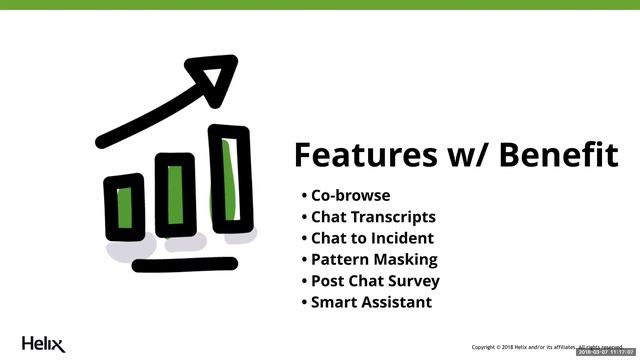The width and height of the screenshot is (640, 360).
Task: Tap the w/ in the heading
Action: [x=460, y=155]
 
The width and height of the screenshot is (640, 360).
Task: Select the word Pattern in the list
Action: [x=338, y=260]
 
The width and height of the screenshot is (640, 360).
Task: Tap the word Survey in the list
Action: [x=414, y=281]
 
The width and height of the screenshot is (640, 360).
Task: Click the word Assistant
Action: [x=397, y=302]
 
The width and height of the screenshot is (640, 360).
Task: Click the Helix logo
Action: [x=43, y=343]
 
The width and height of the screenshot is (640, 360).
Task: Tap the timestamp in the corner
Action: [x=607, y=352]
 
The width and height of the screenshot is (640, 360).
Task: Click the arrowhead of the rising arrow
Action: [x=213, y=74]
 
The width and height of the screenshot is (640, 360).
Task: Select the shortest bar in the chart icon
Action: [x=125, y=208]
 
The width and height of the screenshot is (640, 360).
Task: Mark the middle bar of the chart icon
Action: [x=176, y=195]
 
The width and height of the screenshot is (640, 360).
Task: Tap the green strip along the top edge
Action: [x=320, y=5]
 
